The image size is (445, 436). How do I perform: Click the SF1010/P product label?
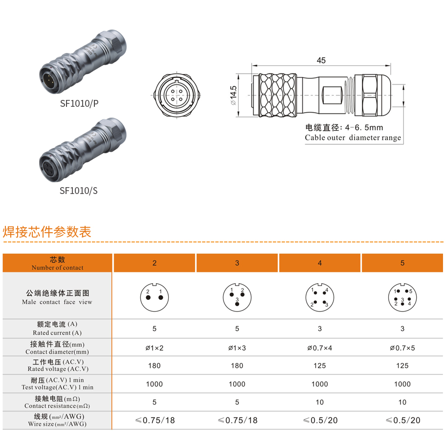click(79, 103)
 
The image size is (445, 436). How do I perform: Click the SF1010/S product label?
click(79, 191)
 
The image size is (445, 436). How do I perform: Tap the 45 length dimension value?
click(321, 61)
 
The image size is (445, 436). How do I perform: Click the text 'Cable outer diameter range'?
click(353, 138)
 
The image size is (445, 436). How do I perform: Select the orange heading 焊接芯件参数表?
click(47, 232)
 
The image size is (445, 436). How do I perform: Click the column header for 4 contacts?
click(320, 263)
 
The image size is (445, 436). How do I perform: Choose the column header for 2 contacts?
click(155, 263)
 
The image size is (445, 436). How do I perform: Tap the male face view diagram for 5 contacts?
click(402, 296)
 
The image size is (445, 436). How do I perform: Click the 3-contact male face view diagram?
click(237, 296)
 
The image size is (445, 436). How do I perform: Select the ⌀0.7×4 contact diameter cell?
click(320, 348)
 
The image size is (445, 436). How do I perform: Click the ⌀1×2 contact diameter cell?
click(155, 348)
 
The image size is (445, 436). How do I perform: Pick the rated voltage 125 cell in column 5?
click(402, 366)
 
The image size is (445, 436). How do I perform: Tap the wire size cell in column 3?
click(237, 420)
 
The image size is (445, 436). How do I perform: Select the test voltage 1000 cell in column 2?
click(155, 384)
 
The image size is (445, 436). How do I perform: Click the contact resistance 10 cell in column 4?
click(320, 402)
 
